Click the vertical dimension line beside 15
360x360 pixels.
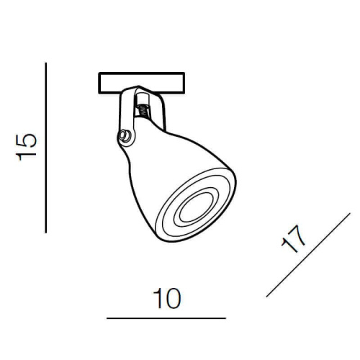(x=46, y=148)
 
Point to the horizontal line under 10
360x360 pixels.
(x=166, y=318)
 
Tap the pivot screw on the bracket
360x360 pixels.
(x=127, y=135)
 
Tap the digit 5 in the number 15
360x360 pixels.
(x=27, y=138)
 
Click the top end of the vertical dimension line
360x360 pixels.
(x=46, y=63)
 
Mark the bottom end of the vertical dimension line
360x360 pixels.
(x=46, y=232)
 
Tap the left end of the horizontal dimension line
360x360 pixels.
(x=107, y=318)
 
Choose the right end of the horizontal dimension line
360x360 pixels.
(x=225, y=318)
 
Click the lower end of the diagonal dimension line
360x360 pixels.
(x=267, y=296)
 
